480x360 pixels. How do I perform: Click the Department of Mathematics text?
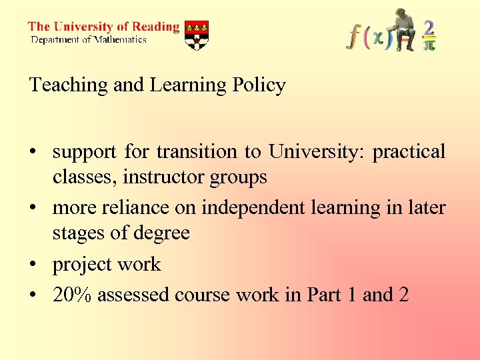click(89, 40)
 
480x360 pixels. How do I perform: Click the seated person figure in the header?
click(403, 29)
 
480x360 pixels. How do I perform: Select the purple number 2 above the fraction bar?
click(429, 28)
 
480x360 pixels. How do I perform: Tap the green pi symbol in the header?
click(430, 45)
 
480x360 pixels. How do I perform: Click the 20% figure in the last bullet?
click(73, 294)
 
